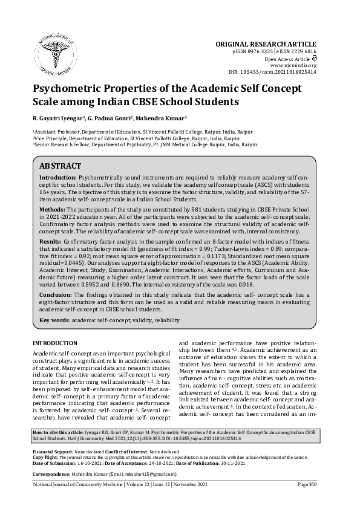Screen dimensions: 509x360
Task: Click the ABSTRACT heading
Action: click(60, 165)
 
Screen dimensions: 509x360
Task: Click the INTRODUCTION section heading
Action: click(54, 343)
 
